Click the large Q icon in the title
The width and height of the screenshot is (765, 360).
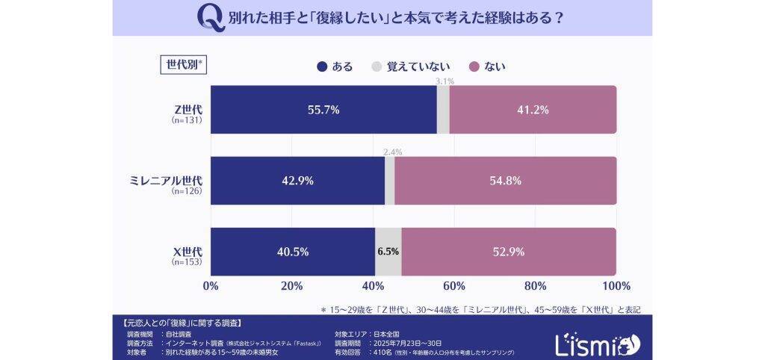tap(211, 17)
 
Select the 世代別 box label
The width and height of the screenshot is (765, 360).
tap(182, 63)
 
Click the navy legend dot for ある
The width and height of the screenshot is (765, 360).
tap(322, 66)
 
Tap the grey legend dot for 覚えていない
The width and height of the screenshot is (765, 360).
tap(377, 66)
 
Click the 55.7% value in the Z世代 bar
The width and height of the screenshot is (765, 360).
tap(323, 110)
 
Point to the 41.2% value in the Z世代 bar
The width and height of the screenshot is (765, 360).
tap(533, 110)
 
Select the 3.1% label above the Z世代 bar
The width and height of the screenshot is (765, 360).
tap(445, 81)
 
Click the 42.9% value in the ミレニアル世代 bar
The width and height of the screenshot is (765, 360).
tap(297, 181)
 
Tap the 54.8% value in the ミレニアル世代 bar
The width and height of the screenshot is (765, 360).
tap(505, 181)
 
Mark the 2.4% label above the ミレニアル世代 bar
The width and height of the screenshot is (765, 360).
tap(392, 152)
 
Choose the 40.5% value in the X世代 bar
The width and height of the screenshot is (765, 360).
tap(292, 252)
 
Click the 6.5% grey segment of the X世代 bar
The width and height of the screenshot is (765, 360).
tap(388, 252)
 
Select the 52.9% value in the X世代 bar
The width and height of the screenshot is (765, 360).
tap(509, 252)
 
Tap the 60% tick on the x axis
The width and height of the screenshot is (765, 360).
tap(453, 286)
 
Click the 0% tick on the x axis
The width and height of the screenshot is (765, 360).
tap(211, 286)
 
